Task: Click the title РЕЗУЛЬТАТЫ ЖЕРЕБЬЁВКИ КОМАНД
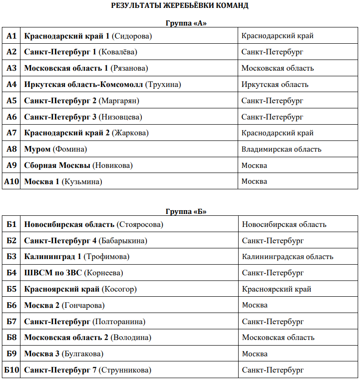pos(180,6)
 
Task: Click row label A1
pos(12,36)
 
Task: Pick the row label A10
pos(12,181)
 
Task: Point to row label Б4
pos(12,273)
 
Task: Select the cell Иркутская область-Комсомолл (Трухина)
pos(102,85)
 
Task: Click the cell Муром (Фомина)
pos(55,149)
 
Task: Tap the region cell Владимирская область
pos(281,149)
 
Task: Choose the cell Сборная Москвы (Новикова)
pos(78,166)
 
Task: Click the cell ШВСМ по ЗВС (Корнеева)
pos(73,273)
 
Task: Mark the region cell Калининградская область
pos(287,257)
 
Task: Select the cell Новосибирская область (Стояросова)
pos(93,225)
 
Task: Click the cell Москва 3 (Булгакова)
pos(64,354)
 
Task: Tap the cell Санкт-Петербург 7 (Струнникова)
pos(87,370)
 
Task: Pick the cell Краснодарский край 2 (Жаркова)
pos(86,133)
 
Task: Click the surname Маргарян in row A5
pos(119,100)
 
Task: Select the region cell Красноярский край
pos(276,289)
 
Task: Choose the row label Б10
pos(12,370)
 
